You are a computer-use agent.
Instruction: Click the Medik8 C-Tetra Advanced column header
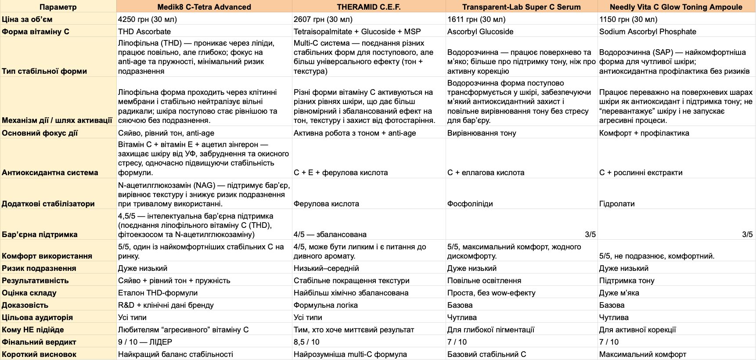coord(204,7)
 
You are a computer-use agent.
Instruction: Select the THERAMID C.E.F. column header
coord(369,7)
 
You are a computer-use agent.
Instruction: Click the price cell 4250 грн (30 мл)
coord(148,19)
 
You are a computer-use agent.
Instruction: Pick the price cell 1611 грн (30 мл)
coord(476,19)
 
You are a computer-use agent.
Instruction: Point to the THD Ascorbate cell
coord(144,32)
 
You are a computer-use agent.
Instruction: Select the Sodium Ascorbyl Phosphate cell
coord(648,32)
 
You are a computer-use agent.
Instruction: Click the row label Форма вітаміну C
coord(36,32)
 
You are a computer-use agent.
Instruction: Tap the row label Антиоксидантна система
coord(50,173)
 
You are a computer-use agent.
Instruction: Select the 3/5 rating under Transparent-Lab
coord(590,234)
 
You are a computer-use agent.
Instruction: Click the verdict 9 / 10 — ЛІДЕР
coord(145,342)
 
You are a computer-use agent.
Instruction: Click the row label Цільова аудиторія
coord(37,317)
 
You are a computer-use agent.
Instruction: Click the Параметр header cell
coord(58,7)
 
